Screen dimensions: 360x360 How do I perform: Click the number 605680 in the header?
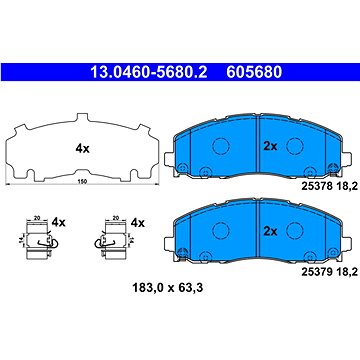point(246,71)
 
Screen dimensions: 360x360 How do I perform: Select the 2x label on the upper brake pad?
point(268,145)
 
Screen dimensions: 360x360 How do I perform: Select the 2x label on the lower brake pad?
point(268,230)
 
